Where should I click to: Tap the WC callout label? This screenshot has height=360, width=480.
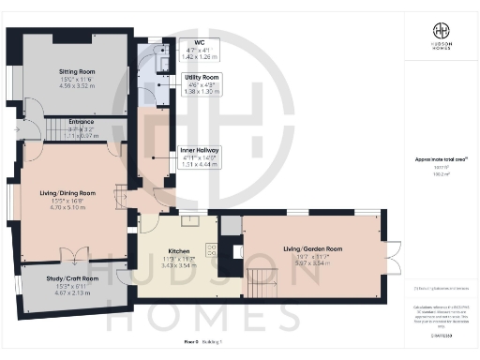(x=199, y=42)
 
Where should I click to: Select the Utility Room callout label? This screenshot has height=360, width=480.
(x=199, y=77)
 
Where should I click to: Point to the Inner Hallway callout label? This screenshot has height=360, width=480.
(x=201, y=150)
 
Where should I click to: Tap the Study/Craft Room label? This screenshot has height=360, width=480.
(x=72, y=278)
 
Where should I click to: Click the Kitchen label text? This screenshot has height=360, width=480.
(x=179, y=252)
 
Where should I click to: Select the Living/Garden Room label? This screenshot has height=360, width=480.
(x=312, y=248)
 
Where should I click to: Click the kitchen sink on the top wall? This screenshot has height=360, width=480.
(x=189, y=221)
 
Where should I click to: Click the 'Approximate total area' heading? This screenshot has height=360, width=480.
(x=437, y=160)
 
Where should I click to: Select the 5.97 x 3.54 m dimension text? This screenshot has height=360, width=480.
(x=312, y=264)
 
